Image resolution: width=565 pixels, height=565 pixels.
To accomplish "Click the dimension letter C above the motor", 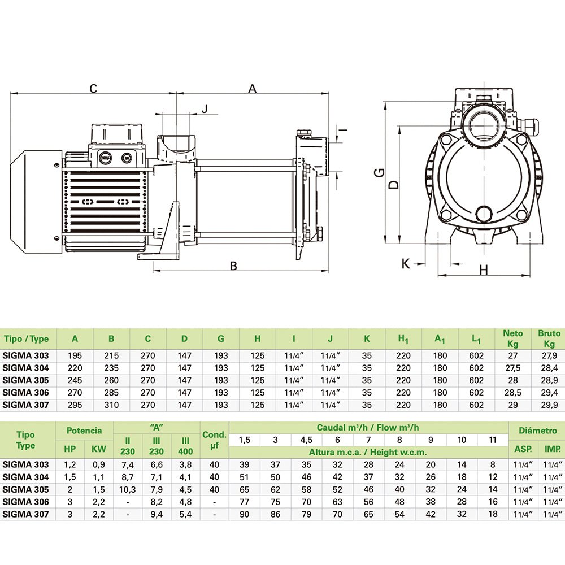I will (94, 88).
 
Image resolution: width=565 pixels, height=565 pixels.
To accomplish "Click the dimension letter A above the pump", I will (253, 88).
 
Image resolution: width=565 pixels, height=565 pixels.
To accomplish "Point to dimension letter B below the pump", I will (233, 266).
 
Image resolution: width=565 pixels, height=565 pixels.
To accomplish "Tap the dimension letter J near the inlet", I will (205, 108).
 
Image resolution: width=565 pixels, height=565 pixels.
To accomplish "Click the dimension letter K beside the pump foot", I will (405, 263).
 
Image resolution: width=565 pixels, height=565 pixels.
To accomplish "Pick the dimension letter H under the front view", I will (483, 270).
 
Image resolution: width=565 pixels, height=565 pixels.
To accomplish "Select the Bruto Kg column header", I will (549, 339).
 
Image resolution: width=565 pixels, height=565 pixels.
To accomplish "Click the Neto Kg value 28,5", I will (513, 393).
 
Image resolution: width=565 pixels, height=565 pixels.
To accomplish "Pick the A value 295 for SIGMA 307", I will (75, 405).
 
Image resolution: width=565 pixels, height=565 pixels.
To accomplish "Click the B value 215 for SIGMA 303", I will (111, 356).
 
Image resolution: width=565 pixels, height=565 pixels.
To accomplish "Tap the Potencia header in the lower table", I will (84, 431).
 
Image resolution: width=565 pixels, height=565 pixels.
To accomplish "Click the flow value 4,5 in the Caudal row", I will (306, 440).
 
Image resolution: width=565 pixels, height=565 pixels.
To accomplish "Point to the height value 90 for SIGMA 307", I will (244, 514).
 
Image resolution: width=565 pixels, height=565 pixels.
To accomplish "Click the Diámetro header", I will (537, 431).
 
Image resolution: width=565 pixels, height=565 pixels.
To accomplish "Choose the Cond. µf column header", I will (215, 441).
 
